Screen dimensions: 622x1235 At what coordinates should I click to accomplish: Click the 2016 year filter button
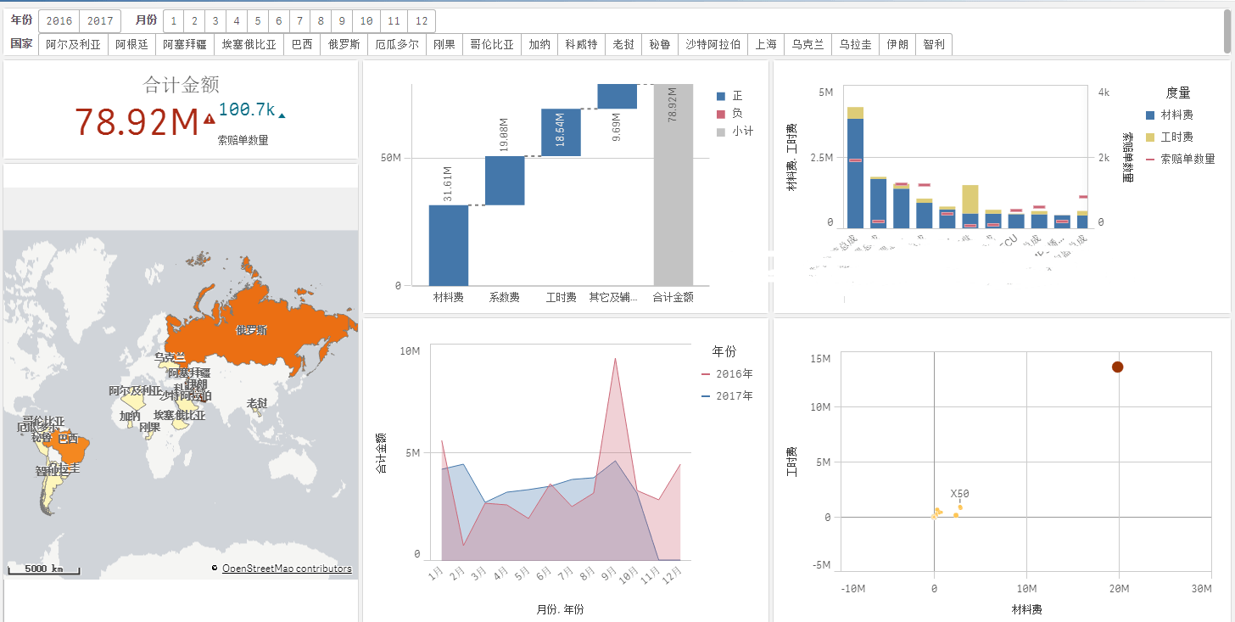coord(59,21)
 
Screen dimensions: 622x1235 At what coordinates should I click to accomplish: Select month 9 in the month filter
coord(342,21)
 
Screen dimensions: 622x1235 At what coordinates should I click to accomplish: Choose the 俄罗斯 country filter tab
coord(344,45)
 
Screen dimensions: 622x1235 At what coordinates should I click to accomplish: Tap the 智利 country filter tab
coord(934,45)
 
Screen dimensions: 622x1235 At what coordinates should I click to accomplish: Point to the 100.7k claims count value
coord(246,109)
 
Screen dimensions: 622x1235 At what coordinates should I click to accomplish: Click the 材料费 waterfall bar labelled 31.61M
coord(449,245)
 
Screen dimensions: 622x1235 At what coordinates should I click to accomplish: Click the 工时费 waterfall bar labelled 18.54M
coord(561,132)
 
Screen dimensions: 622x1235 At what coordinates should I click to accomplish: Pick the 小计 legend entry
coord(741,132)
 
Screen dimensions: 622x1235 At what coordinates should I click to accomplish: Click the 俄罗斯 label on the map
coord(251,330)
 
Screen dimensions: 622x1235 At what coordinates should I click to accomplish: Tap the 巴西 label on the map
coord(68,439)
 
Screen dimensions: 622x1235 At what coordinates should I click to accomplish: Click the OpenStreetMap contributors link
coord(287,569)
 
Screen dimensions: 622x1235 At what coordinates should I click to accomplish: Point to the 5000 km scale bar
coord(43,569)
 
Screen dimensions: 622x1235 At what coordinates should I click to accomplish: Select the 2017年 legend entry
coord(733,396)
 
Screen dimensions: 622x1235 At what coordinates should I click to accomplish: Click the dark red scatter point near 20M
coord(1117,367)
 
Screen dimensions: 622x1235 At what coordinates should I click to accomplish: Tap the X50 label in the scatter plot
coord(959,493)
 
